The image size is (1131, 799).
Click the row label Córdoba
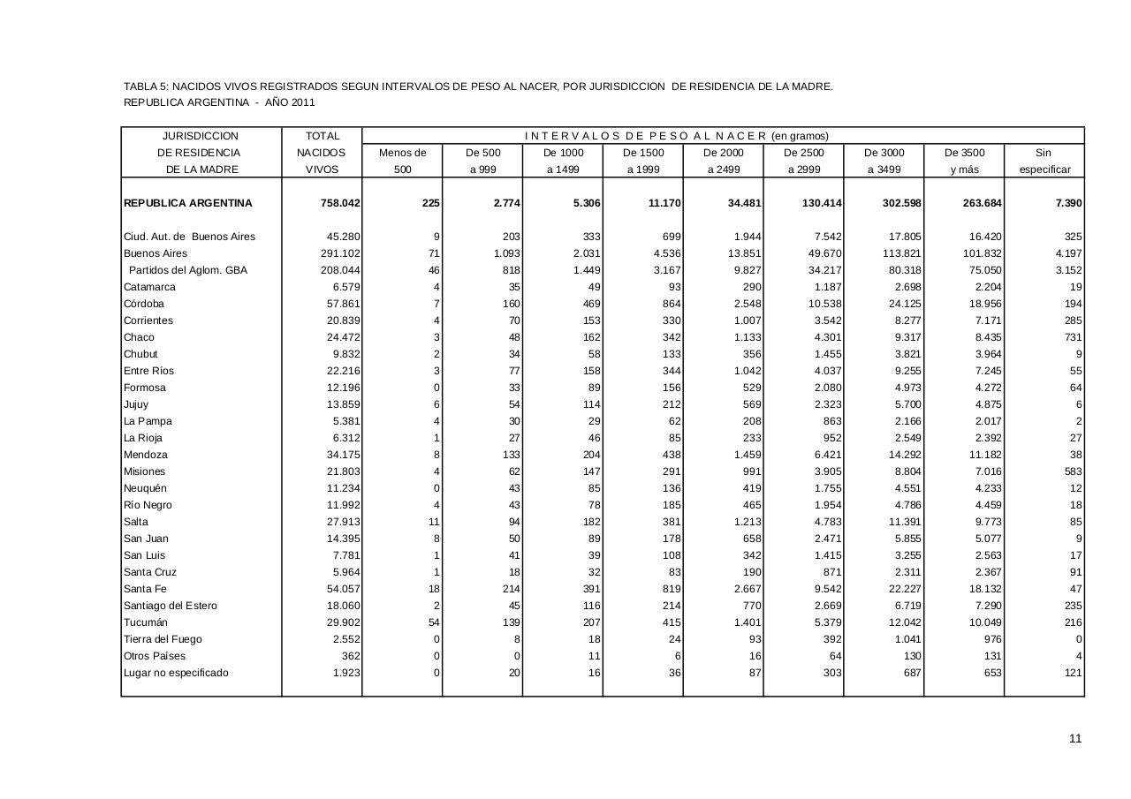tap(144, 304)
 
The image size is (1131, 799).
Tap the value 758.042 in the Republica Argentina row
tap(340, 203)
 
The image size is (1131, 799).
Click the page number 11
tap(1074, 739)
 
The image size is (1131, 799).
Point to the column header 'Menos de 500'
tap(402, 161)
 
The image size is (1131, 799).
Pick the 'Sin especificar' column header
tap(1044, 161)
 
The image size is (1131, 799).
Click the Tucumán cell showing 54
tap(433, 622)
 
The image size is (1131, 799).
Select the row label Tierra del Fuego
tap(163, 639)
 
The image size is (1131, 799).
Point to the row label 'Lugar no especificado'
tap(176, 673)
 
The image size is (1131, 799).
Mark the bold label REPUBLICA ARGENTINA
tap(188, 203)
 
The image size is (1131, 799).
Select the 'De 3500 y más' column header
tap(963, 161)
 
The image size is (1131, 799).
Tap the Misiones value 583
tap(1072, 471)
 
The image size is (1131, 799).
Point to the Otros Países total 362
tap(351, 656)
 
